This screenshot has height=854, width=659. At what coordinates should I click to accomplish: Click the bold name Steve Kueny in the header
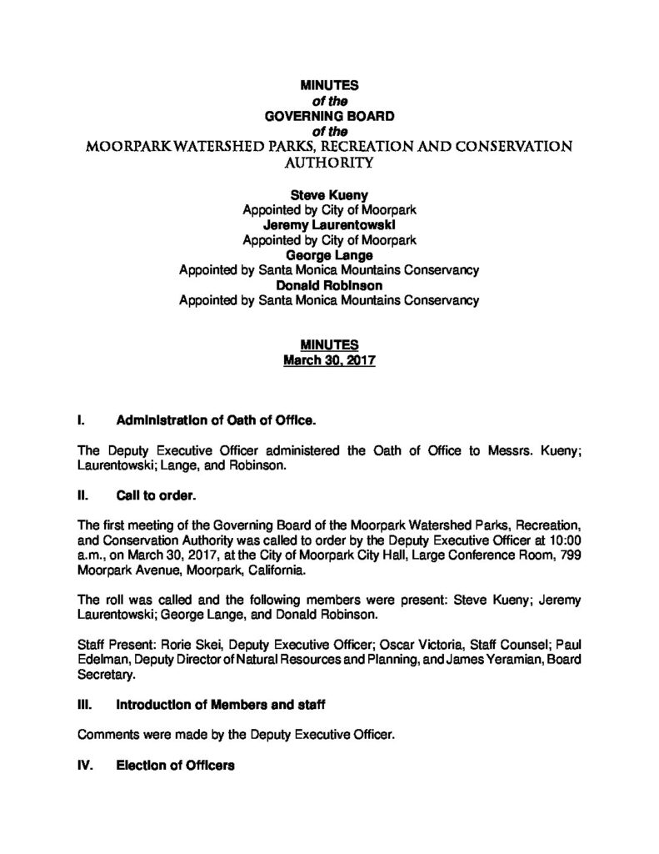(x=329, y=194)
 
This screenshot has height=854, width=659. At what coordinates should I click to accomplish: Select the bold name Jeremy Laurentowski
(x=329, y=224)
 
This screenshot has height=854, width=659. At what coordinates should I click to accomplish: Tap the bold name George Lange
(x=329, y=255)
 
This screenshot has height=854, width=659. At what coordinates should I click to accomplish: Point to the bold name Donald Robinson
(x=329, y=285)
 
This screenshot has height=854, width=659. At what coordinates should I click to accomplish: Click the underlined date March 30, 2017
(x=329, y=361)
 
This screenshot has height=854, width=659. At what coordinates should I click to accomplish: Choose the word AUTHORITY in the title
(x=329, y=164)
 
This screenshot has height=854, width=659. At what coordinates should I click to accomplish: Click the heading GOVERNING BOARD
(x=329, y=116)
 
